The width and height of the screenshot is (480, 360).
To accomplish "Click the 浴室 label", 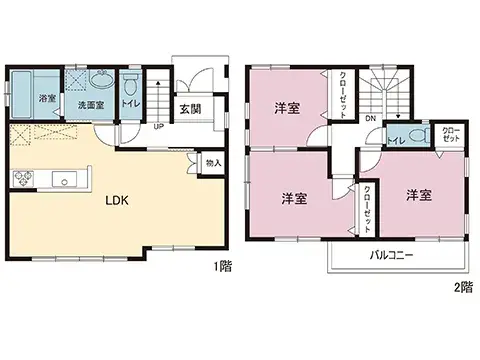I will [46, 98].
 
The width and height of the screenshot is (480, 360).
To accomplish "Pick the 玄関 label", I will [188, 108].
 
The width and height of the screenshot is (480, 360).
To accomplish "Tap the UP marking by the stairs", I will [158, 126].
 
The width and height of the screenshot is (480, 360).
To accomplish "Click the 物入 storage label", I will [213, 162].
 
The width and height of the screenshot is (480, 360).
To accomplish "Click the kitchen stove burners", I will [22, 179].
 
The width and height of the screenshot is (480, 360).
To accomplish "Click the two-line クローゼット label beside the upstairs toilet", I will [451, 134].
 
